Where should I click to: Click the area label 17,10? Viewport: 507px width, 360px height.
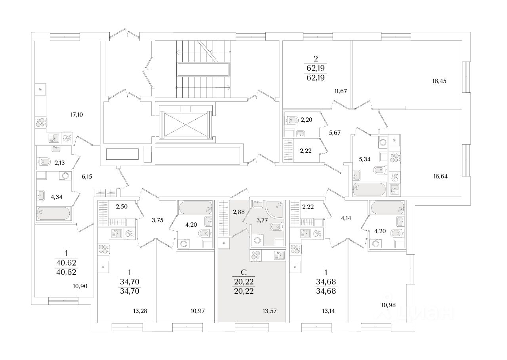(77, 115)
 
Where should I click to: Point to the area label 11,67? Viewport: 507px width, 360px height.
(341, 91)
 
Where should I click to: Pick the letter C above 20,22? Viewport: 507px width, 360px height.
(244, 272)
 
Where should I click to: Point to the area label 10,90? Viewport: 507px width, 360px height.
(81, 286)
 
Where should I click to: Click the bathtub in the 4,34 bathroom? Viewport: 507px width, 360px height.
(53, 213)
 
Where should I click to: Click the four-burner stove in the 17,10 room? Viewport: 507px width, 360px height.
(41, 123)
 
